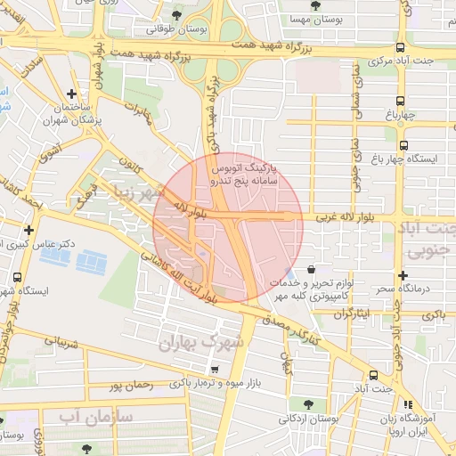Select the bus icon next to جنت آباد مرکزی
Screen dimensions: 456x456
(x=400, y=47)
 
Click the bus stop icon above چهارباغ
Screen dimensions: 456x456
(x=400, y=99)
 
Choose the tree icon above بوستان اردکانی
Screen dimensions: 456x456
(x=307, y=403)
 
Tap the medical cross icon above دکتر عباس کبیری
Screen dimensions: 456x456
(x=28, y=230)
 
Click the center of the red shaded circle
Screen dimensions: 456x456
(x=228, y=228)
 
